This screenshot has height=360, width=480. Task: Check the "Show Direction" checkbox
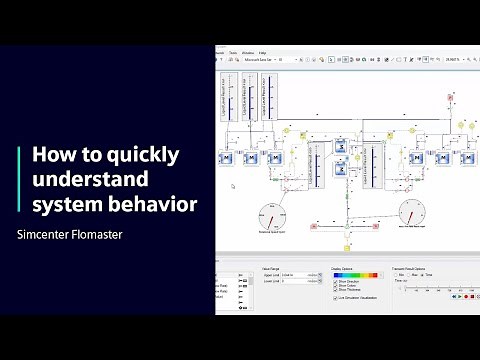coord(336,282)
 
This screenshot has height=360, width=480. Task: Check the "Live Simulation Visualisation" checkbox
coord(336,298)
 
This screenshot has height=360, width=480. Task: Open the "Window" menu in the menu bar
coord(248,52)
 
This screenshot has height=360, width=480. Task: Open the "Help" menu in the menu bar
coord(262,52)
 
